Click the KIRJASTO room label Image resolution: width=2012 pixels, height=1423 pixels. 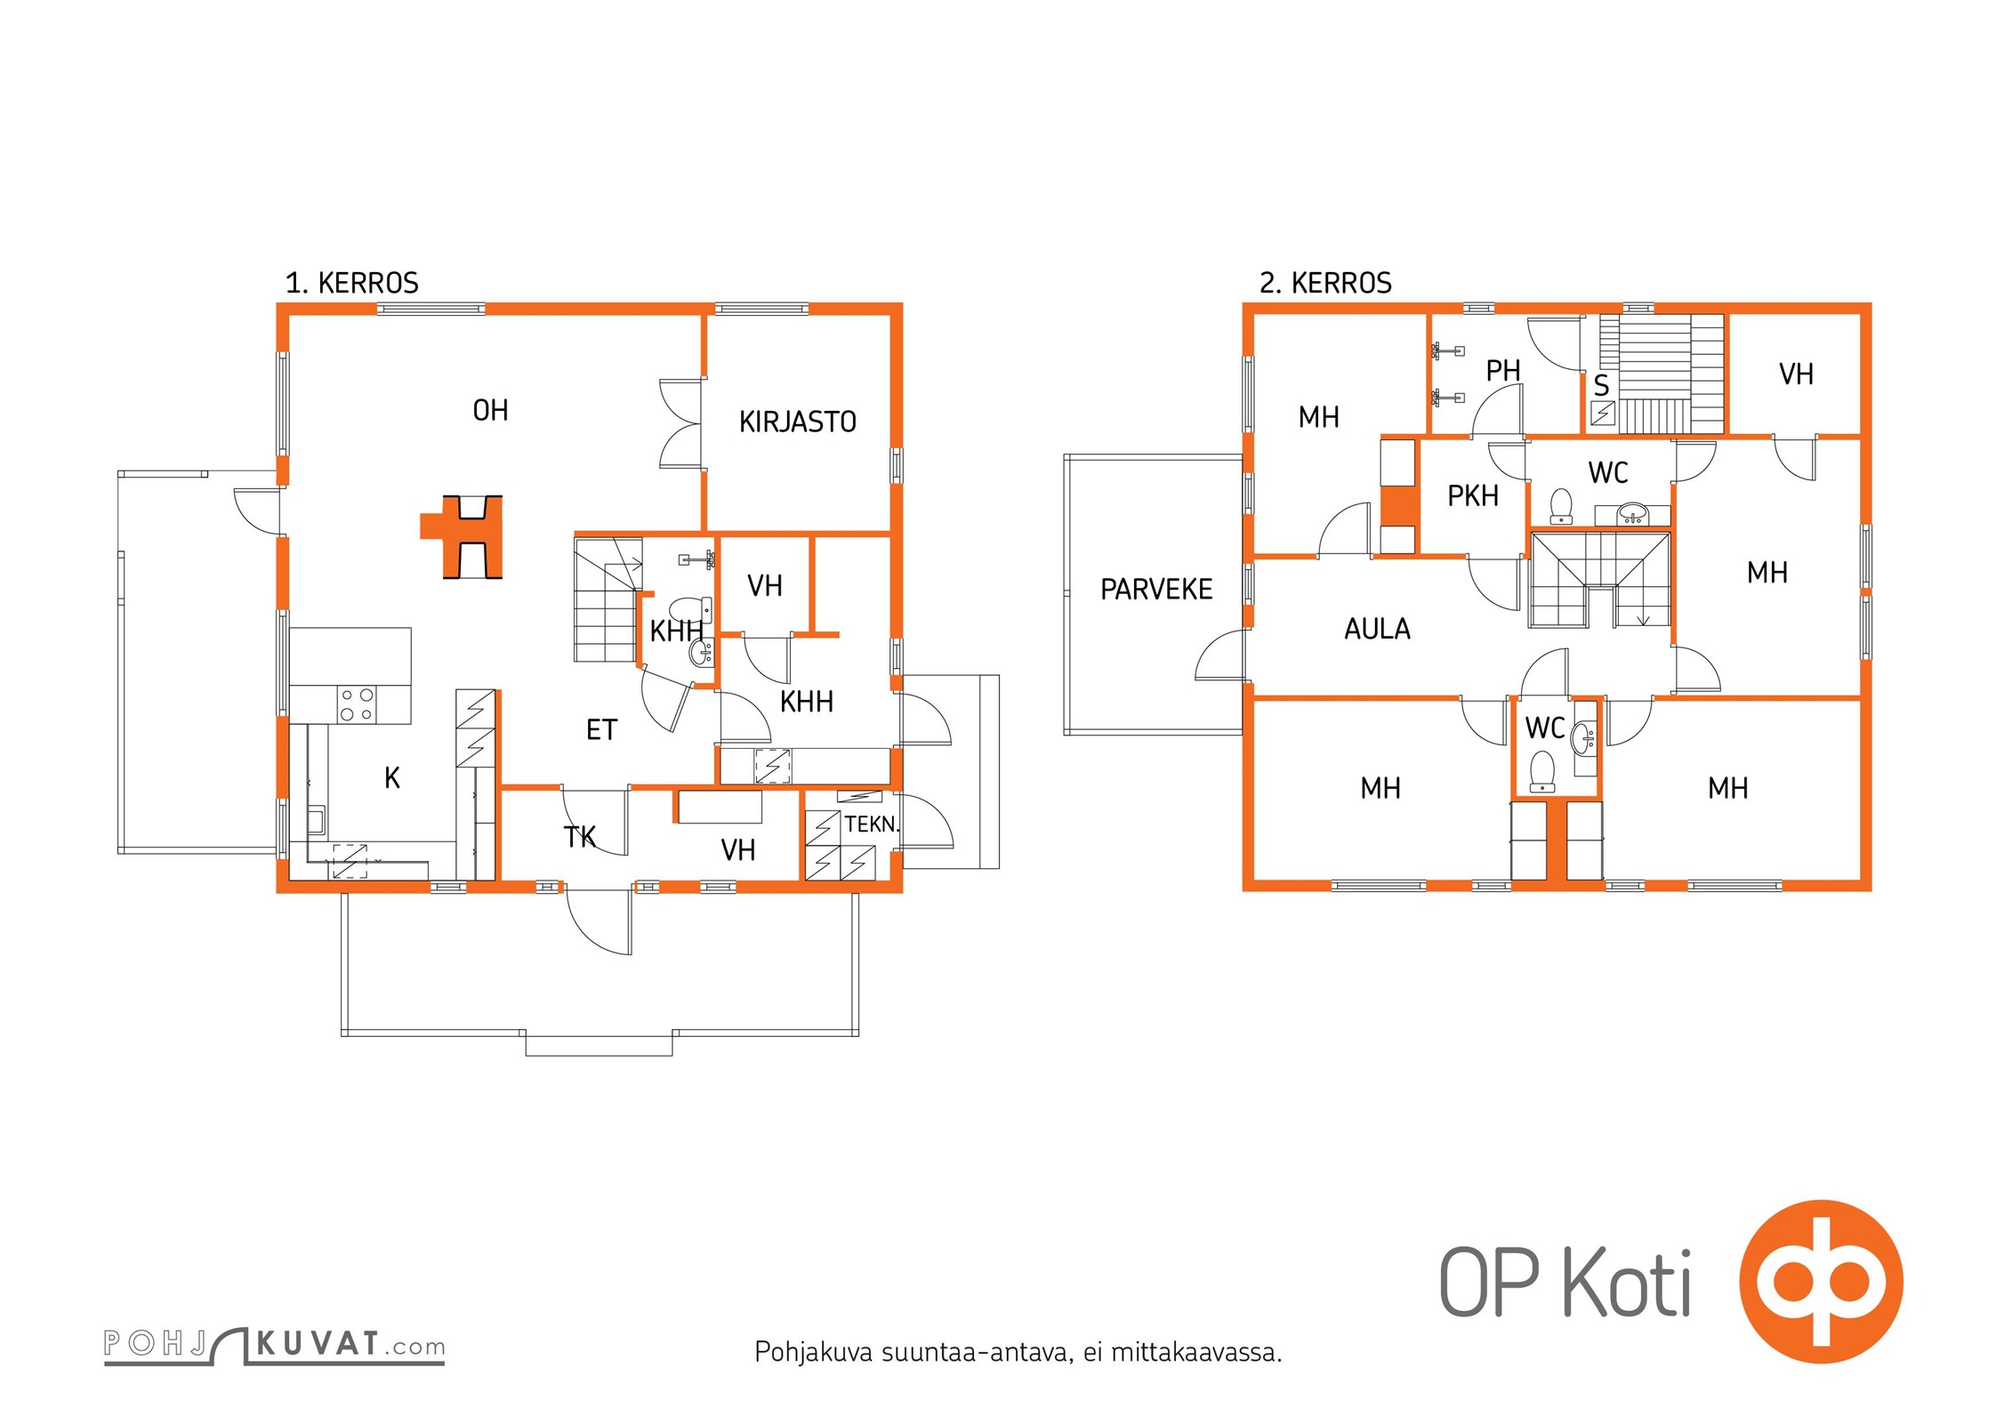coord(797,422)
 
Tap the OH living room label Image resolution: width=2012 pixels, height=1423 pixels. coord(490,410)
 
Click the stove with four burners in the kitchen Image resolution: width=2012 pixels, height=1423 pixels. coord(357,704)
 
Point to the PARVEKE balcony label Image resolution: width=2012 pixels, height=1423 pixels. coord(1156,589)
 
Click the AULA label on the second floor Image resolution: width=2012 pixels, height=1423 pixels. coord(1377,629)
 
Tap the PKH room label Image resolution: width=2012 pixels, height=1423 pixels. coord(1473,495)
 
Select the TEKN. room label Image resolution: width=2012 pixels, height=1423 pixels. coord(872,824)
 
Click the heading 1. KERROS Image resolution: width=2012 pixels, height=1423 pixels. coord(351,283)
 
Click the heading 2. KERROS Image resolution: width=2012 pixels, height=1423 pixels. coord(1325,283)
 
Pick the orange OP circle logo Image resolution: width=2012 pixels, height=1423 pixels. coord(1821,1282)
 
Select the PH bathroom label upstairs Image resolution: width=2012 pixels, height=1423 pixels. coord(1503,370)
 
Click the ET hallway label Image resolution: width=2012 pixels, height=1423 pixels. coord(601,730)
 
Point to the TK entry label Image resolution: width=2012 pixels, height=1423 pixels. coord(580,837)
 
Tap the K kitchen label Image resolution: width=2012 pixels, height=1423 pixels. coord(392,778)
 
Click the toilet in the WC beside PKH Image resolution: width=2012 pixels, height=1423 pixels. coord(1561,505)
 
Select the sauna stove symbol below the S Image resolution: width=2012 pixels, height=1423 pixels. coord(1603,414)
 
